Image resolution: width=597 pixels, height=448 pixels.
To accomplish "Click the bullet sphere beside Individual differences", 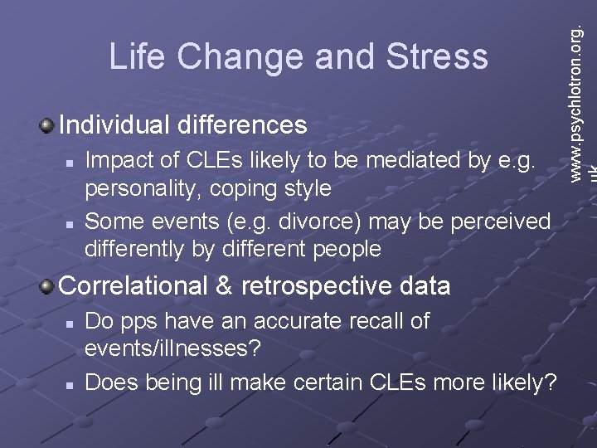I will point(46,126).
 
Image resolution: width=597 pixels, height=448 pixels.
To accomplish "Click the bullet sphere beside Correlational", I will point(46,286).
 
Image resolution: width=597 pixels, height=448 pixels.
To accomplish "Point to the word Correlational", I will point(133,286).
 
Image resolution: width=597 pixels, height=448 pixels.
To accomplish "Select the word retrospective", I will point(318,286).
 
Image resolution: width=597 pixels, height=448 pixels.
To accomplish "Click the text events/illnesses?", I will point(172,349).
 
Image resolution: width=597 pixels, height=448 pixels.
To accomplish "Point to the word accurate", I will point(294,321).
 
